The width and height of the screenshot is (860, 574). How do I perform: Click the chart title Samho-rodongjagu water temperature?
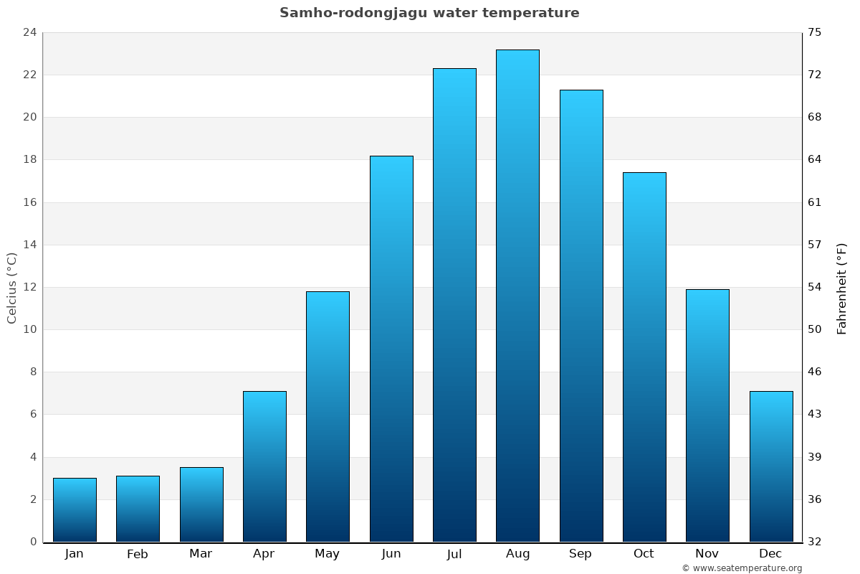coord(429,13)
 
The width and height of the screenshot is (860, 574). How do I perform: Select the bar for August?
coord(517,296)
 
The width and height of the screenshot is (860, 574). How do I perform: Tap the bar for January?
coord(75,509)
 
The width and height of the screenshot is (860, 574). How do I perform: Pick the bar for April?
coord(264,466)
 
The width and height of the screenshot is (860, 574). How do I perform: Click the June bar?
coord(391,349)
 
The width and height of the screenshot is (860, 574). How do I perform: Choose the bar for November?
coord(707,415)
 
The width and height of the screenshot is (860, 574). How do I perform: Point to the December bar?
coord(771,466)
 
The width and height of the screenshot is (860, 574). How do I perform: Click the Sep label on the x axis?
coord(580,554)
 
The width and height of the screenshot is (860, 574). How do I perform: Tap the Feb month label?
coord(138,554)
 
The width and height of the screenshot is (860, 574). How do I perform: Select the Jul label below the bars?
coord(454,554)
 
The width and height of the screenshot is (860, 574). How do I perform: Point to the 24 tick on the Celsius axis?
coord(29,32)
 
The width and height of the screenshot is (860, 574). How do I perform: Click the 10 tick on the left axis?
coord(29,329)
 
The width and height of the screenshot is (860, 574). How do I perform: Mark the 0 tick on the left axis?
coord(33,542)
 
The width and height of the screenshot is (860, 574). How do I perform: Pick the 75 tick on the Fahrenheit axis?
coord(815,32)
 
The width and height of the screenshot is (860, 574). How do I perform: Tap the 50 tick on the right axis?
coord(815,329)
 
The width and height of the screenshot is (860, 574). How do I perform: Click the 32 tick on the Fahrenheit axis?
coord(815,542)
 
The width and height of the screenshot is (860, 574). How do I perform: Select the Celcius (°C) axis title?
coord(11,288)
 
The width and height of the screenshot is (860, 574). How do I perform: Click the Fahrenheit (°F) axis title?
coord(842,288)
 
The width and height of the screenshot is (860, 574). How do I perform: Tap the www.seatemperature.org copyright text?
coord(742,568)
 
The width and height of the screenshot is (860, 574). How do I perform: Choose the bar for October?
coord(644,357)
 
